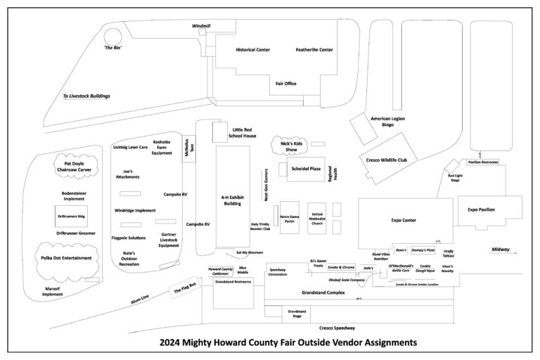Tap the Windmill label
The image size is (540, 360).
click(x=201, y=26)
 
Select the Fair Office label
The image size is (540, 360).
click(x=285, y=84)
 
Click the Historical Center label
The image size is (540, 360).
click(x=253, y=50)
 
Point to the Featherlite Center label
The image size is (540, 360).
click(x=314, y=50)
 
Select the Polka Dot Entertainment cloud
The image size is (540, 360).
click(x=66, y=258)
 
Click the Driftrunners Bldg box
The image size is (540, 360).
click(x=71, y=217)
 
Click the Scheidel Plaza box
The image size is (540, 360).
click(x=305, y=169)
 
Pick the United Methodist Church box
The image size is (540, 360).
click(x=316, y=218)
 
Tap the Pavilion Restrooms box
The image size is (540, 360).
click(x=484, y=162)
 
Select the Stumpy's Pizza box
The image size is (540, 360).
click(x=423, y=250)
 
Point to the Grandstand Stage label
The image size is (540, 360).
click(x=296, y=314)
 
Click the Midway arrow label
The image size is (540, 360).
click(x=501, y=250)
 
